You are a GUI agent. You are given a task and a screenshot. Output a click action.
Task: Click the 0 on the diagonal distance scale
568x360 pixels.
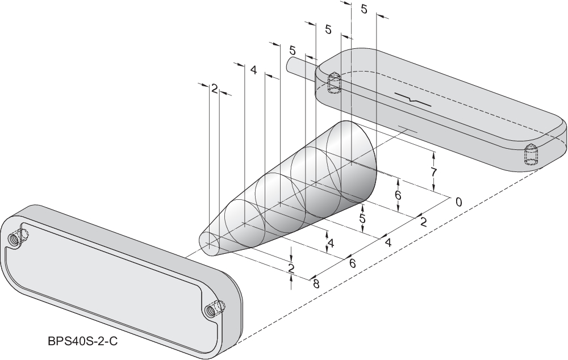(458, 202)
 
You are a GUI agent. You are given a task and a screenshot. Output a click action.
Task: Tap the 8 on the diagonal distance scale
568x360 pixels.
(315, 283)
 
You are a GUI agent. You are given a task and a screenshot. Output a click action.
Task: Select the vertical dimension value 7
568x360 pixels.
(433, 171)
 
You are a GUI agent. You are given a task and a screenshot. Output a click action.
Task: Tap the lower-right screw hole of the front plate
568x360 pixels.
(212, 310)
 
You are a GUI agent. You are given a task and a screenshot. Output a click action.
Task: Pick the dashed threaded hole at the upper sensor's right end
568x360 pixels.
(529, 156)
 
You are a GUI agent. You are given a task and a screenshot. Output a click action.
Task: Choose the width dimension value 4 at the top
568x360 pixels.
(253, 70)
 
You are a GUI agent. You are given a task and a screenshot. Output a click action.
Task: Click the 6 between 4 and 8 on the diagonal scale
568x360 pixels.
(352, 263)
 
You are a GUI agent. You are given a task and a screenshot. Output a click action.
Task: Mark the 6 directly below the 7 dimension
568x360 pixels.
(398, 195)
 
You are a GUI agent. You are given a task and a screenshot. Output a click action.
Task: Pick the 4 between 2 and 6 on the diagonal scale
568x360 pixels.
(388, 242)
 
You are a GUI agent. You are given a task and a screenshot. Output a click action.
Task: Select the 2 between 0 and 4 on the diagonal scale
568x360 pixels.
(423, 222)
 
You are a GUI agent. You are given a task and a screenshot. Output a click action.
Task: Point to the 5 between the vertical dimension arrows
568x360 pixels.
(362, 217)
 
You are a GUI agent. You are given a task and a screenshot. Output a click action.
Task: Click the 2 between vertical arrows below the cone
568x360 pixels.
(291, 267)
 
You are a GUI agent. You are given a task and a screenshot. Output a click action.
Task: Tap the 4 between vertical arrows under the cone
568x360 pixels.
(330, 243)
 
